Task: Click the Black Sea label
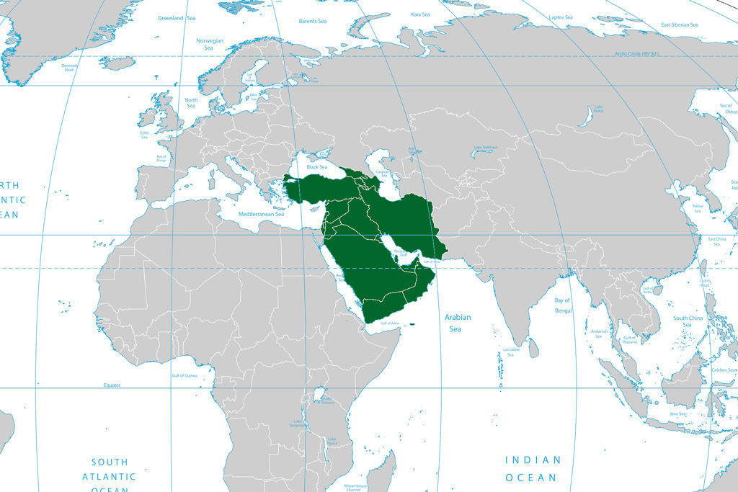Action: [317, 167]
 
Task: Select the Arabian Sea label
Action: [457, 323]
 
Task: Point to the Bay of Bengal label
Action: [562, 305]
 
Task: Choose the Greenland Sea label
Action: [177, 18]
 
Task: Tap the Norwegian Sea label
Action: [210, 45]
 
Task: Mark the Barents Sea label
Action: [314, 21]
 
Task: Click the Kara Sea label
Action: [420, 14]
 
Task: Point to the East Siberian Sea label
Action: [680, 25]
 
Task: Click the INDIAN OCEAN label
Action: [533, 468]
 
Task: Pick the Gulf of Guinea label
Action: [184, 375]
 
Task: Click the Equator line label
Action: [112, 385]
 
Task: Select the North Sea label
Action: [191, 103]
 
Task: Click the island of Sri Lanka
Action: [533, 349]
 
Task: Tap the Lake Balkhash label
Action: [484, 148]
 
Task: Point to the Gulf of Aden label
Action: [390, 323]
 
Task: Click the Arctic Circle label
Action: [637, 54]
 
